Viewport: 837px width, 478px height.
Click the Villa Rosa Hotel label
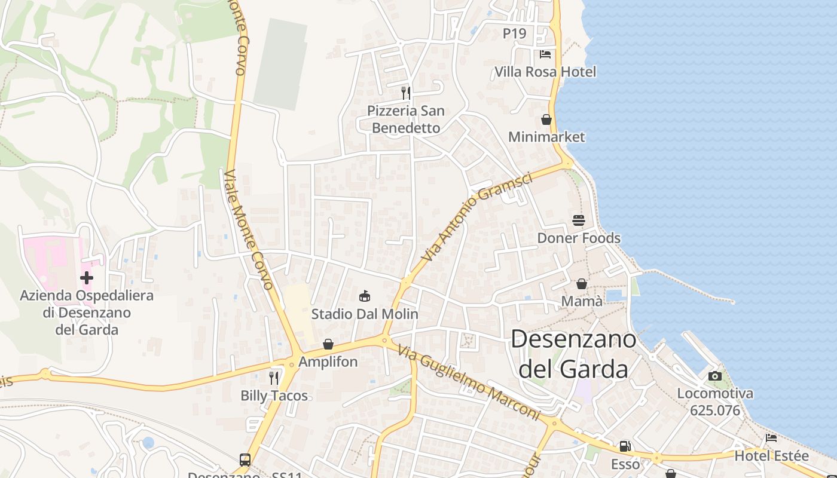tap(545, 72)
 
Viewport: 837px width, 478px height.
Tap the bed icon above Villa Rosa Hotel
tap(545, 54)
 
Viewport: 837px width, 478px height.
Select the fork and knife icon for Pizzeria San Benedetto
tap(406, 93)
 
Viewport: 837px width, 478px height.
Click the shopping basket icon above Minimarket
tap(546, 119)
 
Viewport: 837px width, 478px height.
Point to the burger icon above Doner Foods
tap(578, 220)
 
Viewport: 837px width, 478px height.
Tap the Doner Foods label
tap(579, 238)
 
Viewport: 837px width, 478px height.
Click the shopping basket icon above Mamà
tap(581, 284)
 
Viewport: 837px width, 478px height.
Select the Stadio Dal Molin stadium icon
tap(365, 296)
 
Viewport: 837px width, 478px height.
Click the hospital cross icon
tap(87, 278)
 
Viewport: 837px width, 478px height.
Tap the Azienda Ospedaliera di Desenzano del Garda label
tap(87, 312)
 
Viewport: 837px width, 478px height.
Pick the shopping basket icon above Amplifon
tap(328, 344)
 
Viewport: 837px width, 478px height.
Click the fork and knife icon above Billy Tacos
tap(274, 378)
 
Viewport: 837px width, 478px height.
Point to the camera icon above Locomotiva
tap(714, 376)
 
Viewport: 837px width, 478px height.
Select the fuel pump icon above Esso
tap(625, 446)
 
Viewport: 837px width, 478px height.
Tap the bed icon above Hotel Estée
tap(771, 438)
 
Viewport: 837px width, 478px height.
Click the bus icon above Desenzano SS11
tap(245, 459)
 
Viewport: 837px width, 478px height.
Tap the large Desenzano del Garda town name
tap(573, 354)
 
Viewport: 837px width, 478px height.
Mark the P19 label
tap(514, 33)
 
